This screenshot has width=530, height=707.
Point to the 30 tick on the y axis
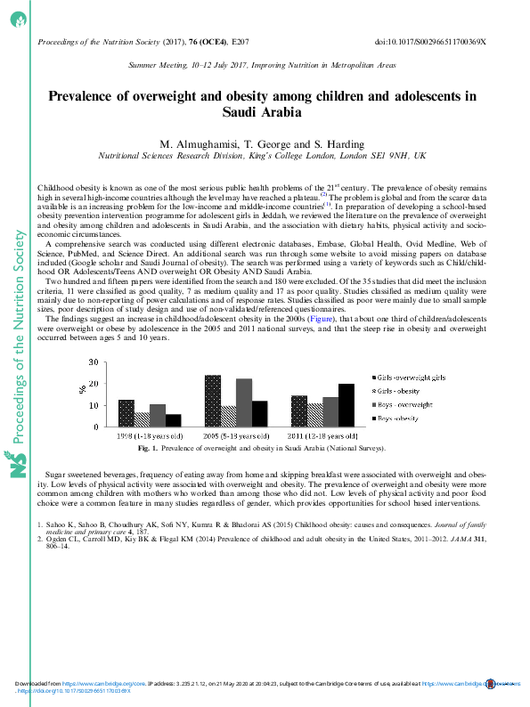click(95, 363)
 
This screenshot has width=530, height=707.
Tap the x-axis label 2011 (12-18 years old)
click(322, 437)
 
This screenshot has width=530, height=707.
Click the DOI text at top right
click(443, 42)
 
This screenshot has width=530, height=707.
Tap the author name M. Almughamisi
click(199, 144)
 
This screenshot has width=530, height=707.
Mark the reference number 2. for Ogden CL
click(40, 539)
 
